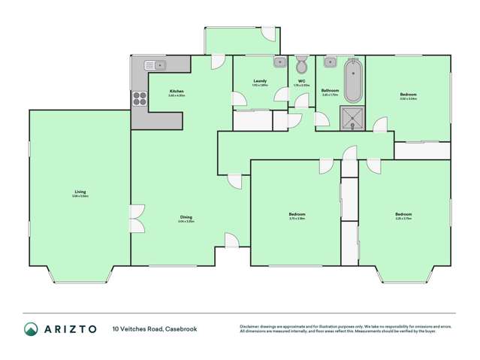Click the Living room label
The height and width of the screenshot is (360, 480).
80,192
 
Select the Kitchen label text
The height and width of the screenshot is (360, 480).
177,92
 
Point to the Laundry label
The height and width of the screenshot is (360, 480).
260,80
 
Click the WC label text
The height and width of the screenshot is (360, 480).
301,80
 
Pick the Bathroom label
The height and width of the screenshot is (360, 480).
331,90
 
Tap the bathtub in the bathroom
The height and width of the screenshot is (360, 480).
352,82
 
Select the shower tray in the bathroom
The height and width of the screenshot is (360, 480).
351,117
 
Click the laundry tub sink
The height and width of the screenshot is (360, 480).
278,62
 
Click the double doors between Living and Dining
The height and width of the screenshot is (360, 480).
137,220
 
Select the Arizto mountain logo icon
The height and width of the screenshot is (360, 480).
32,329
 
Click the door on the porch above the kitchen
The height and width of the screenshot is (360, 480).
269,34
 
